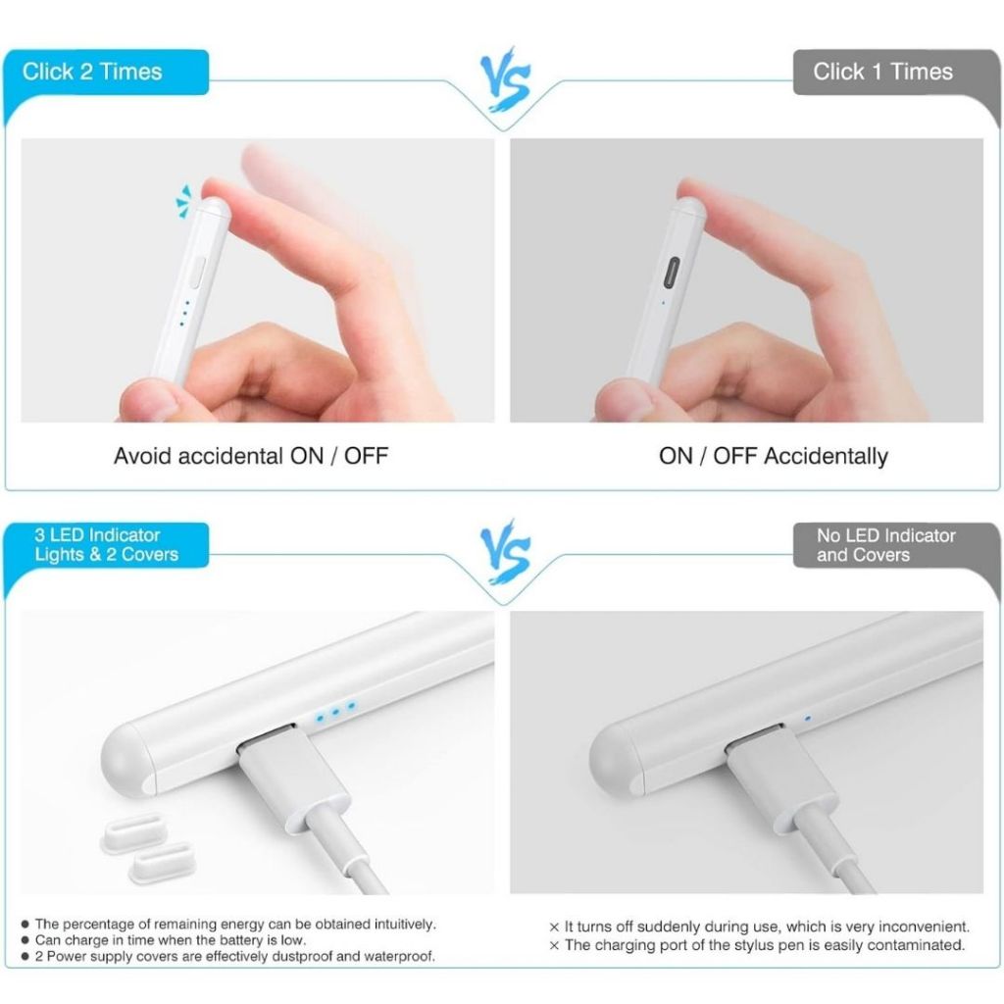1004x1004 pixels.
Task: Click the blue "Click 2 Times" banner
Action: [106, 72]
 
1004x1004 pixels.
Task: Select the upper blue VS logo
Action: [506, 79]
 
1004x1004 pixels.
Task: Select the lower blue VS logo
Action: [506, 553]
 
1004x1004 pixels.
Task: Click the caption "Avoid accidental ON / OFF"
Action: [251, 456]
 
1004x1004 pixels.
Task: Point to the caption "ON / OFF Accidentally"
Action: [774, 456]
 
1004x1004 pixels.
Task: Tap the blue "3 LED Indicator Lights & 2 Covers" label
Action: [106, 545]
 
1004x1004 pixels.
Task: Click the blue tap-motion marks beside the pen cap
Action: [183, 201]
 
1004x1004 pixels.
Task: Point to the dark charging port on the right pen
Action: [673, 274]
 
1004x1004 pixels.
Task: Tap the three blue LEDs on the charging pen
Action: [335, 712]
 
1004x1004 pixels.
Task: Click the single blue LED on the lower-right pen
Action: [808, 718]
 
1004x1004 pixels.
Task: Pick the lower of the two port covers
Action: [162, 862]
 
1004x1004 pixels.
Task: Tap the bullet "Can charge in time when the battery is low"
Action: [164, 940]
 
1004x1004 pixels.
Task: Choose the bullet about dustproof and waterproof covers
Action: [227, 956]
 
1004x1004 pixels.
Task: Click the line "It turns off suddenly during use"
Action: [760, 927]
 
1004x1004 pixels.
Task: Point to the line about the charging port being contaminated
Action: [757, 945]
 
